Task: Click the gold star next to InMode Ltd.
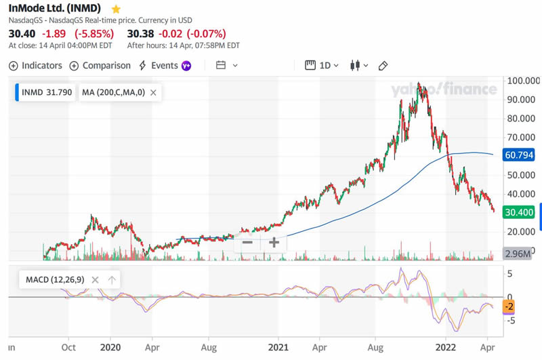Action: pos(116,9)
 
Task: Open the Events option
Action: pos(159,66)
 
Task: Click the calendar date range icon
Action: pos(221,66)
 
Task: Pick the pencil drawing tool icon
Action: pos(383,66)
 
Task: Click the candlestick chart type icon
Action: pos(354,66)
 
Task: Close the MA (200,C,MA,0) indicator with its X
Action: pos(154,93)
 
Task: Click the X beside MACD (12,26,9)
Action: pos(95,279)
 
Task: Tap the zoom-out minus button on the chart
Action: pos(247,242)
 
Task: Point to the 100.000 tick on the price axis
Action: pos(521,81)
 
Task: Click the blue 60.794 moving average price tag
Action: pos(520,155)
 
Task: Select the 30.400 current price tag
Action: pos(520,212)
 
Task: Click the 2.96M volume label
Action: pos(519,254)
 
